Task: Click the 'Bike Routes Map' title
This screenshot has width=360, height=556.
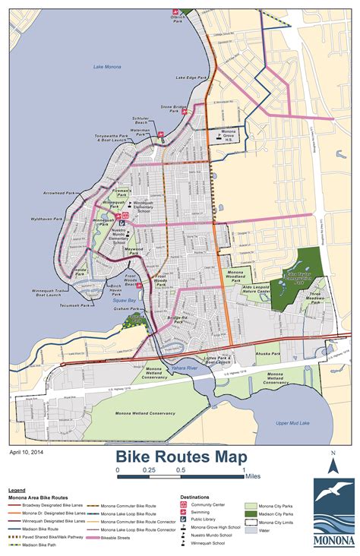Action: (181, 456)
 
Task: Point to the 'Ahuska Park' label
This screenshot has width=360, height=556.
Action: (270, 352)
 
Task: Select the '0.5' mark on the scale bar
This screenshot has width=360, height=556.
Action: (181, 470)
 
